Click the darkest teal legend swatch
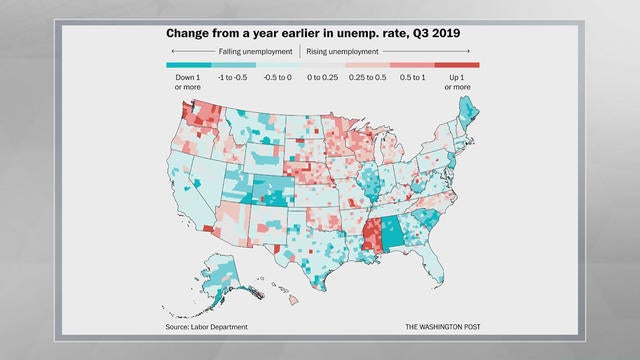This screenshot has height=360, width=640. point(187,65)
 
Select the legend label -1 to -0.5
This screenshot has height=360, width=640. point(232,77)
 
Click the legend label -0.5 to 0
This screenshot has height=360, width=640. point(277,77)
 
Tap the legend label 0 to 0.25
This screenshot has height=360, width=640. point(323,77)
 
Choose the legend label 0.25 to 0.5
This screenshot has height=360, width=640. point(368,77)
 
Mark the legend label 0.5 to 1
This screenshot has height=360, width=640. point(412,77)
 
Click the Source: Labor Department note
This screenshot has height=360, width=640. point(206,327)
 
